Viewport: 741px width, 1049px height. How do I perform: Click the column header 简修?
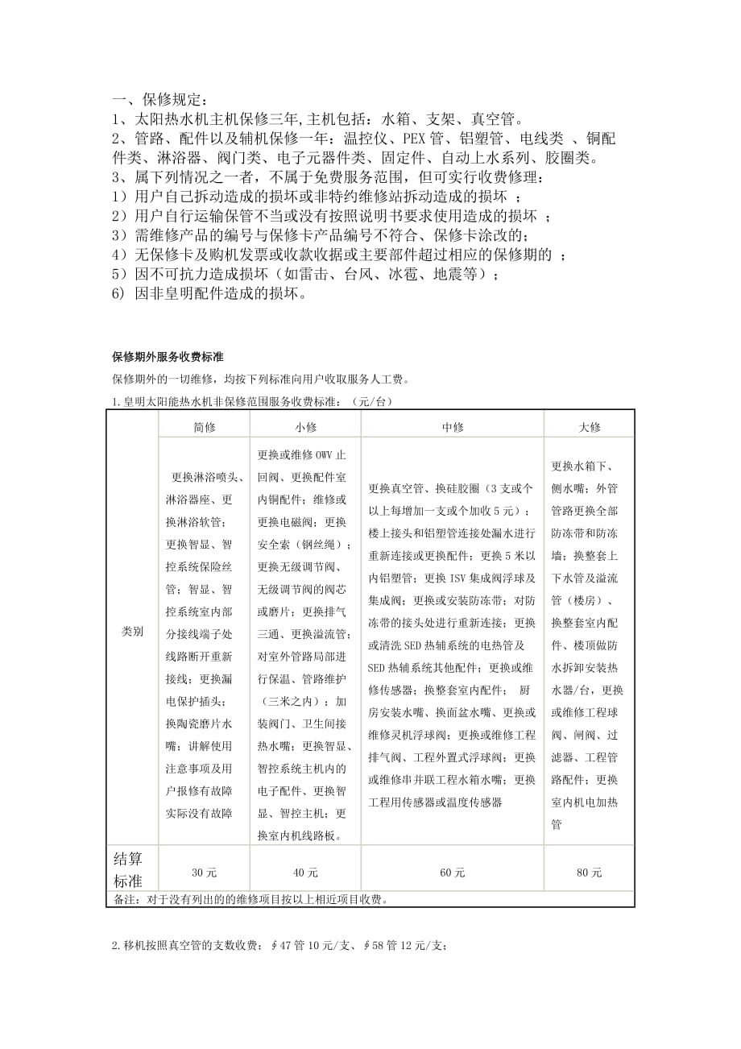(x=205, y=427)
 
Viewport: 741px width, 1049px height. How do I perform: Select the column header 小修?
(x=305, y=427)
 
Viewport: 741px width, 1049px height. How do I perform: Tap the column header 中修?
(x=453, y=427)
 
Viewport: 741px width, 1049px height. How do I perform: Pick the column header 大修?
(x=590, y=427)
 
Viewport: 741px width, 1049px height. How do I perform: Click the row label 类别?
(x=132, y=632)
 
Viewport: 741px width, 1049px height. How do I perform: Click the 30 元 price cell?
(x=205, y=872)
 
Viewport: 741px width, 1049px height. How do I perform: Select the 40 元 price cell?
(x=305, y=872)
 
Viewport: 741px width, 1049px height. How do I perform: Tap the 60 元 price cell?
(x=453, y=872)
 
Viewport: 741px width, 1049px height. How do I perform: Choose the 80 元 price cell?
(x=590, y=872)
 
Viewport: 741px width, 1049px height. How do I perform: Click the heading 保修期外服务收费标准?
(x=168, y=357)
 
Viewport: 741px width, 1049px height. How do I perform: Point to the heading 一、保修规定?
(x=159, y=101)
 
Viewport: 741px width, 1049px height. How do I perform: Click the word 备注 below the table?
(x=122, y=900)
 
